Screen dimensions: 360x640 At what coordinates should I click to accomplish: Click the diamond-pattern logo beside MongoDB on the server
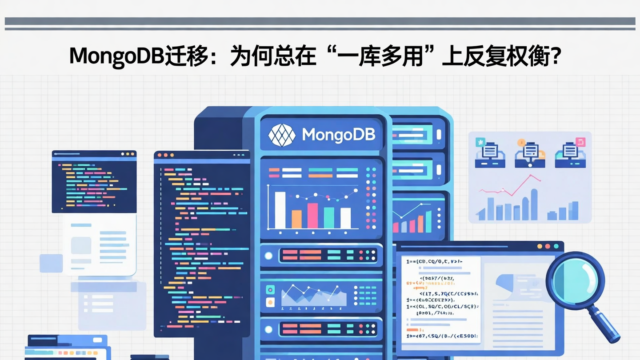tap(282, 135)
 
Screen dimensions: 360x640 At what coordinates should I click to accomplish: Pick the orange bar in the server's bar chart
tap(296, 219)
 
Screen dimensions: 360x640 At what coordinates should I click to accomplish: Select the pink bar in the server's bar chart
tap(313, 216)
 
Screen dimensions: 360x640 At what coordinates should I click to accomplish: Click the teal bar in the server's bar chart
tap(329, 217)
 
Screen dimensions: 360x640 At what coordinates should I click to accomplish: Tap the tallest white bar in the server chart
tap(280, 210)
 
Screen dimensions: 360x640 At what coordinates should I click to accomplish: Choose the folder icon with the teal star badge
tap(489, 155)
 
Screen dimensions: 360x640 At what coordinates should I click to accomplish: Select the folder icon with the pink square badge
tap(570, 155)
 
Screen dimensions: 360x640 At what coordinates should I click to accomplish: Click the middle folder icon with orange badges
tap(530, 155)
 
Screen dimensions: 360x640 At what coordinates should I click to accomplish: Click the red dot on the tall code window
tap(160, 156)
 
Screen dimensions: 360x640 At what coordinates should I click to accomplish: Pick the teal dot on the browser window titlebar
tap(556, 246)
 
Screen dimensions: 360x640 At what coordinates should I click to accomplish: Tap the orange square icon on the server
tap(270, 302)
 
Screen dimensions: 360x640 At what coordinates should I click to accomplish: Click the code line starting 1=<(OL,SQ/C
tap(442, 306)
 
